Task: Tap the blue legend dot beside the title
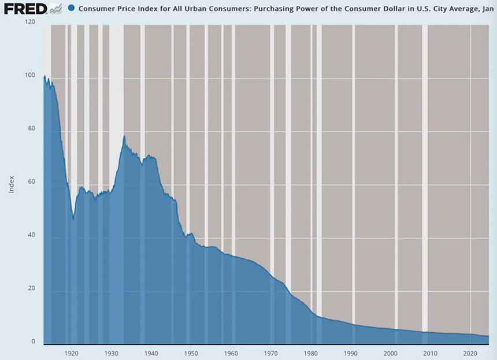pyautogui.click(x=71, y=9)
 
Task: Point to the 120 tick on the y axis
pyautogui.click(x=30, y=22)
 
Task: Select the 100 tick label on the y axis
pyautogui.click(x=30, y=76)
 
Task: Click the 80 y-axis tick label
pyautogui.click(x=32, y=129)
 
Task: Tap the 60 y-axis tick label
pyautogui.click(x=32, y=182)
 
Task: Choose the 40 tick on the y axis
pyautogui.click(x=32, y=235)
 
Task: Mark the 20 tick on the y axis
pyautogui.click(x=32, y=288)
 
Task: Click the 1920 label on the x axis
pyautogui.click(x=71, y=352)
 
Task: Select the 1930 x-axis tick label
pyautogui.click(x=111, y=352)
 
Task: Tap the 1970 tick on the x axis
pyautogui.click(x=271, y=352)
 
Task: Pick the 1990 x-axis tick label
pyautogui.click(x=351, y=352)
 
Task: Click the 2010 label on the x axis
pyautogui.click(x=431, y=352)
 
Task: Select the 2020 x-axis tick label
pyautogui.click(x=470, y=352)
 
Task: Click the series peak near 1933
pyautogui.click(x=124, y=136)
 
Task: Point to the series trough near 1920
pyautogui.click(x=73, y=219)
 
